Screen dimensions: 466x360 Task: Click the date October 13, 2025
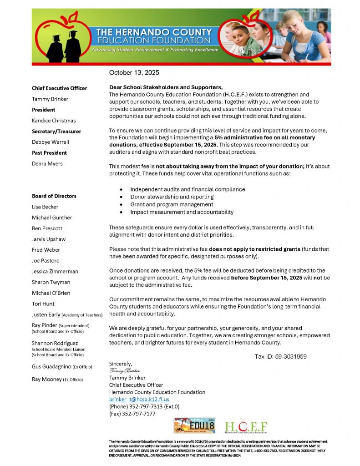click(134, 72)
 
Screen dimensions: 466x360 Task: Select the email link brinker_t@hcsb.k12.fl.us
click(139, 399)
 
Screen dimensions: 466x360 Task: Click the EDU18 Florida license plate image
click(195, 425)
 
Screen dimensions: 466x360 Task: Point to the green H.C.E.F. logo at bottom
click(246, 426)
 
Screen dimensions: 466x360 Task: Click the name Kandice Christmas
click(54, 121)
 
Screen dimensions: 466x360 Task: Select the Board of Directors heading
click(54, 196)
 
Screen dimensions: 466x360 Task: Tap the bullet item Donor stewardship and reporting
click(172, 197)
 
